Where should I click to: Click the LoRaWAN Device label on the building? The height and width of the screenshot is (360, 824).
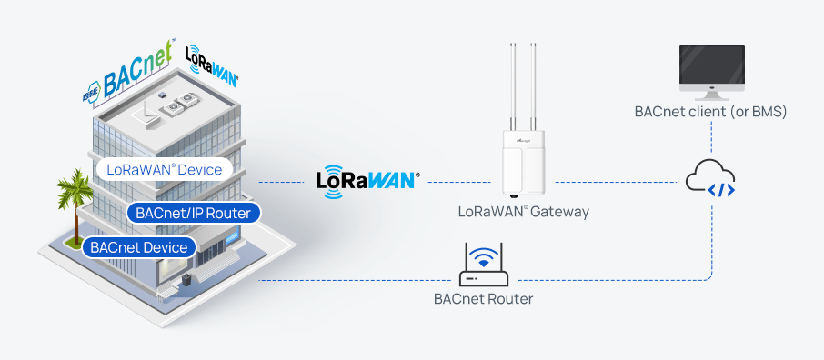[x=163, y=169]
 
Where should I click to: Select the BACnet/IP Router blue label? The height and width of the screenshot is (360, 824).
[x=194, y=213]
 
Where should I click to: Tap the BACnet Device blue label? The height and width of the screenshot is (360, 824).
[x=138, y=246]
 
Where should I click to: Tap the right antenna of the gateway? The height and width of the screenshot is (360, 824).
[x=538, y=86]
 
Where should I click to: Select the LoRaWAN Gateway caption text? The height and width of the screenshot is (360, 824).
[x=523, y=212]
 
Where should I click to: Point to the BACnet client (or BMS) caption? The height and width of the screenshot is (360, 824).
[x=710, y=113]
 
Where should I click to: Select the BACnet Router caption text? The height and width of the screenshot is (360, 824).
[x=483, y=298]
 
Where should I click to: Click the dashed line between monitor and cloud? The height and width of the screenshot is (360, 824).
[x=711, y=138]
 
